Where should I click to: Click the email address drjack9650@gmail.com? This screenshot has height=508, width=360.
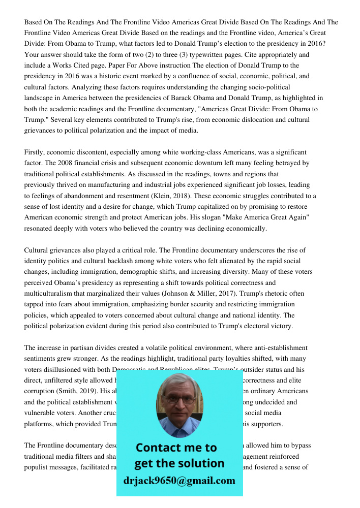point(179,481)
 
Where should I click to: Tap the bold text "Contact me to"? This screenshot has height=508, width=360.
point(176,448)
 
